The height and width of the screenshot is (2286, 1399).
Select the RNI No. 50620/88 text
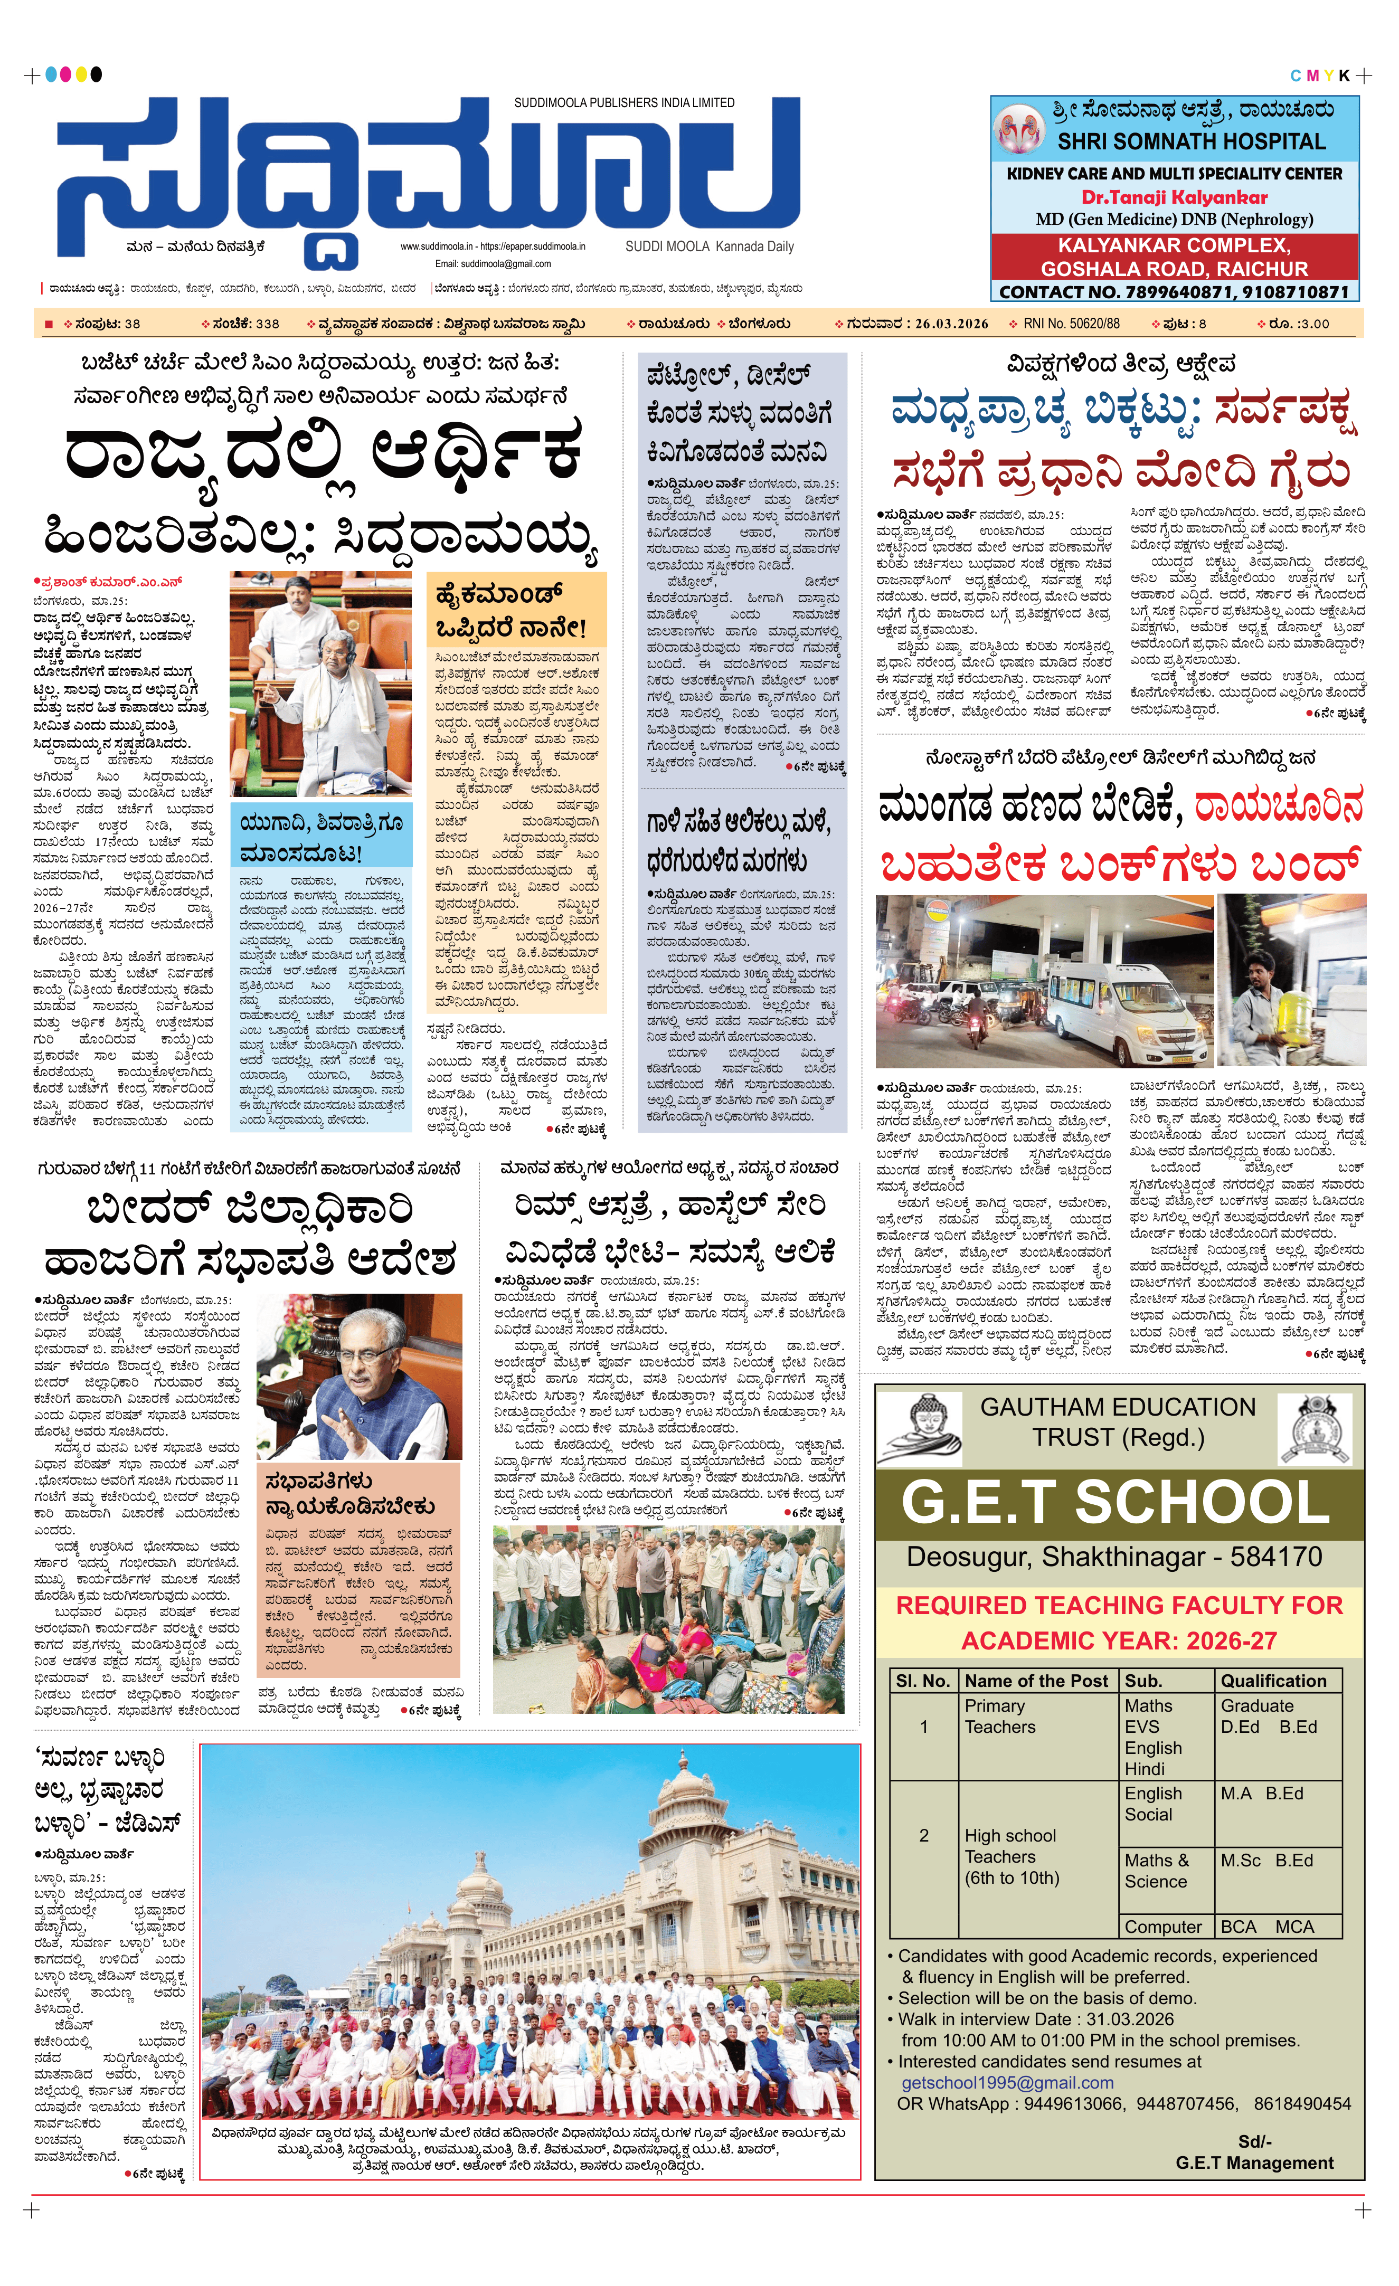click(1071, 324)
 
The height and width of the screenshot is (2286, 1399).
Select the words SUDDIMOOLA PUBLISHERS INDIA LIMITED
click(625, 103)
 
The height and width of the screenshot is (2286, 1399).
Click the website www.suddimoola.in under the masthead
click(437, 247)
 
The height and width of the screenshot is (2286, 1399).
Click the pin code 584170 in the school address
click(1275, 1556)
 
